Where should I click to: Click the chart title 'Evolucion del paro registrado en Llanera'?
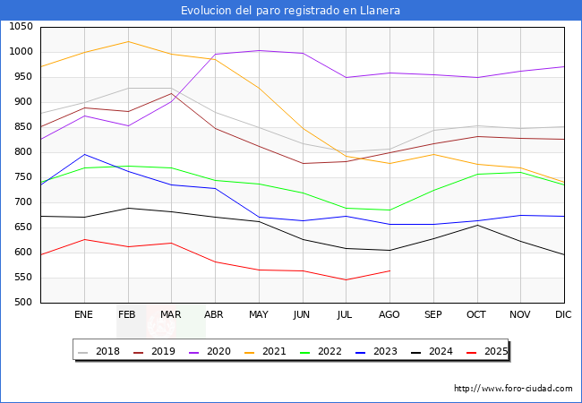click(290, 11)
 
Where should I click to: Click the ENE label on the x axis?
click(84, 315)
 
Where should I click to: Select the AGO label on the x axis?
click(389, 315)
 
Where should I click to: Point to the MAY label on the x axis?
click(259, 315)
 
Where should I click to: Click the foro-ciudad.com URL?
click(513, 389)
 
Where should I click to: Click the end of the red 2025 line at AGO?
click(389, 270)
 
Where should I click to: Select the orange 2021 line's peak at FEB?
click(128, 41)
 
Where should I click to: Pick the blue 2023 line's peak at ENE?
click(84, 154)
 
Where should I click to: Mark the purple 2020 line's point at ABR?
click(215, 55)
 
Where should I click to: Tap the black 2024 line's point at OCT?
click(477, 225)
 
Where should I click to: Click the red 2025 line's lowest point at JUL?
click(346, 279)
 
